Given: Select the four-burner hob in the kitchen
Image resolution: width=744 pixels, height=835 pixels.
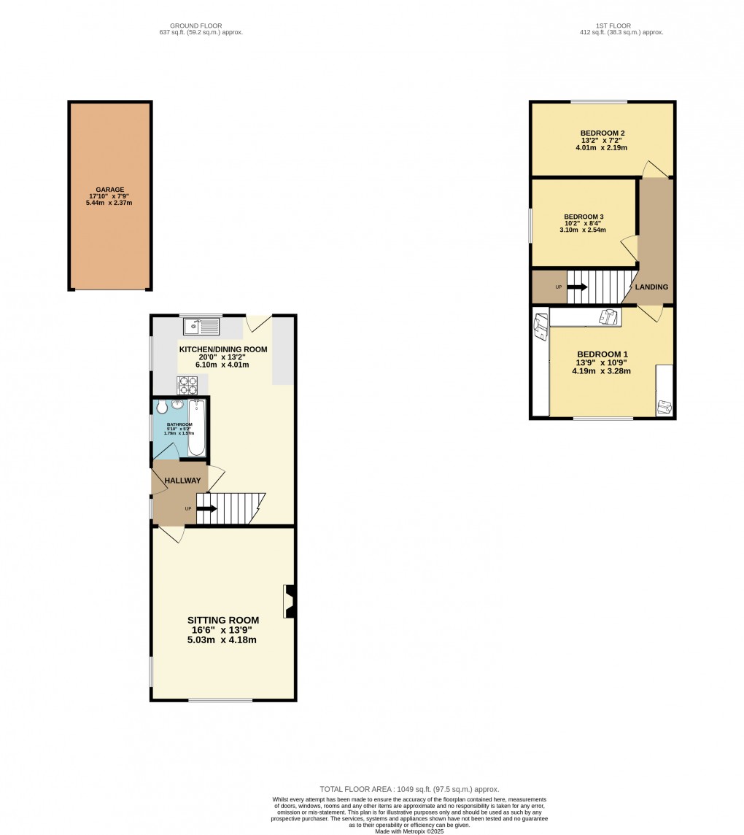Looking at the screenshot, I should [187, 384].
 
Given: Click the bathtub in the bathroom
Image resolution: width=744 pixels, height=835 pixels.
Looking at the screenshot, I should [197, 427].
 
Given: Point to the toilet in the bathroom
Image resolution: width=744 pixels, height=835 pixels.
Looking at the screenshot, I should [162, 407].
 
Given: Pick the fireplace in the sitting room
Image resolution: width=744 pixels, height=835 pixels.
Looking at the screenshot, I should [290, 602].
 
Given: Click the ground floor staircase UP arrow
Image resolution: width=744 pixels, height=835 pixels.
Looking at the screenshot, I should [206, 508].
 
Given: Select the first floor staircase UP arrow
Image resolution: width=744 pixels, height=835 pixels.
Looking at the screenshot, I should [577, 287].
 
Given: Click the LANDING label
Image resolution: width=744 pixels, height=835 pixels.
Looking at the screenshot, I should [651, 287].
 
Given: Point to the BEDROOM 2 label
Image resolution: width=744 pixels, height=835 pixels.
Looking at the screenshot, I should [602, 133].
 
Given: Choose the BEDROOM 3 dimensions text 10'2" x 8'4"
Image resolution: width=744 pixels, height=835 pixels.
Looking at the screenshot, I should [583, 224].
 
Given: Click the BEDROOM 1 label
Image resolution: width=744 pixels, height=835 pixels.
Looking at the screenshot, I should [602, 354].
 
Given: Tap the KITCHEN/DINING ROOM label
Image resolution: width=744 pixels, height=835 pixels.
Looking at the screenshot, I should [223, 349].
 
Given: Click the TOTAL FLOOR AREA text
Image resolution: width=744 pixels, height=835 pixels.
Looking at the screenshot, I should [409, 789].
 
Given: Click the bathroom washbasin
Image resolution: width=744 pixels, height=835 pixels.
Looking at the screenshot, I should [177, 405].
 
